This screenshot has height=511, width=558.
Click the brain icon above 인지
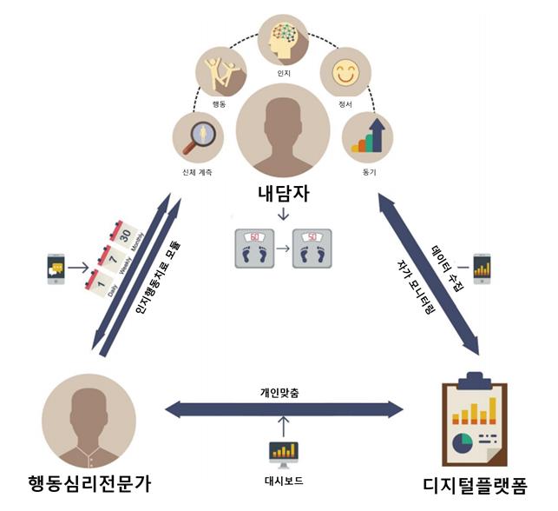pyautogui.click(x=283, y=40)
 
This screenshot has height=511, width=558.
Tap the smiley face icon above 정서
pyautogui.click(x=345, y=72)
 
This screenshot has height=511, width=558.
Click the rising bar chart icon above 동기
pyautogui.click(x=368, y=137)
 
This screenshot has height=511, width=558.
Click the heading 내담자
pyautogui.click(x=283, y=194)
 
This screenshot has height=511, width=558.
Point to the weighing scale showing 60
pyautogui.click(x=254, y=249)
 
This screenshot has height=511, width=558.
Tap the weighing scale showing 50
pyautogui.click(x=312, y=249)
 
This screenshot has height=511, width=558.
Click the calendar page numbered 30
pyautogui.click(x=124, y=235)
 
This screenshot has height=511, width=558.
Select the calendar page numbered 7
pyautogui.click(x=113, y=259)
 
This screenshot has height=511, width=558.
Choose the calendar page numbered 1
pyautogui.click(x=101, y=283)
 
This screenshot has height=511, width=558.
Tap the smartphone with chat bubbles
pyautogui.click(x=56, y=269)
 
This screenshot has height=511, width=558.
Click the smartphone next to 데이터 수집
pyautogui.click(x=483, y=269)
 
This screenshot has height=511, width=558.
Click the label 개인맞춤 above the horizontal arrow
pyautogui.click(x=279, y=393)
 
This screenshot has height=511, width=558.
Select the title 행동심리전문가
pyautogui.click(x=89, y=484)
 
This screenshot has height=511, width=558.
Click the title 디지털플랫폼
pyautogui.click(x=475, y=485)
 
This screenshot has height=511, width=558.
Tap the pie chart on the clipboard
pyautogui.click(x=463, y=443)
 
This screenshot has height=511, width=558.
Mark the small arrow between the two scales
pyautogui.click(x=283, y=249)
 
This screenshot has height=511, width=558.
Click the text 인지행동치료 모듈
pyautogui.click(x=158, y=278)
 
